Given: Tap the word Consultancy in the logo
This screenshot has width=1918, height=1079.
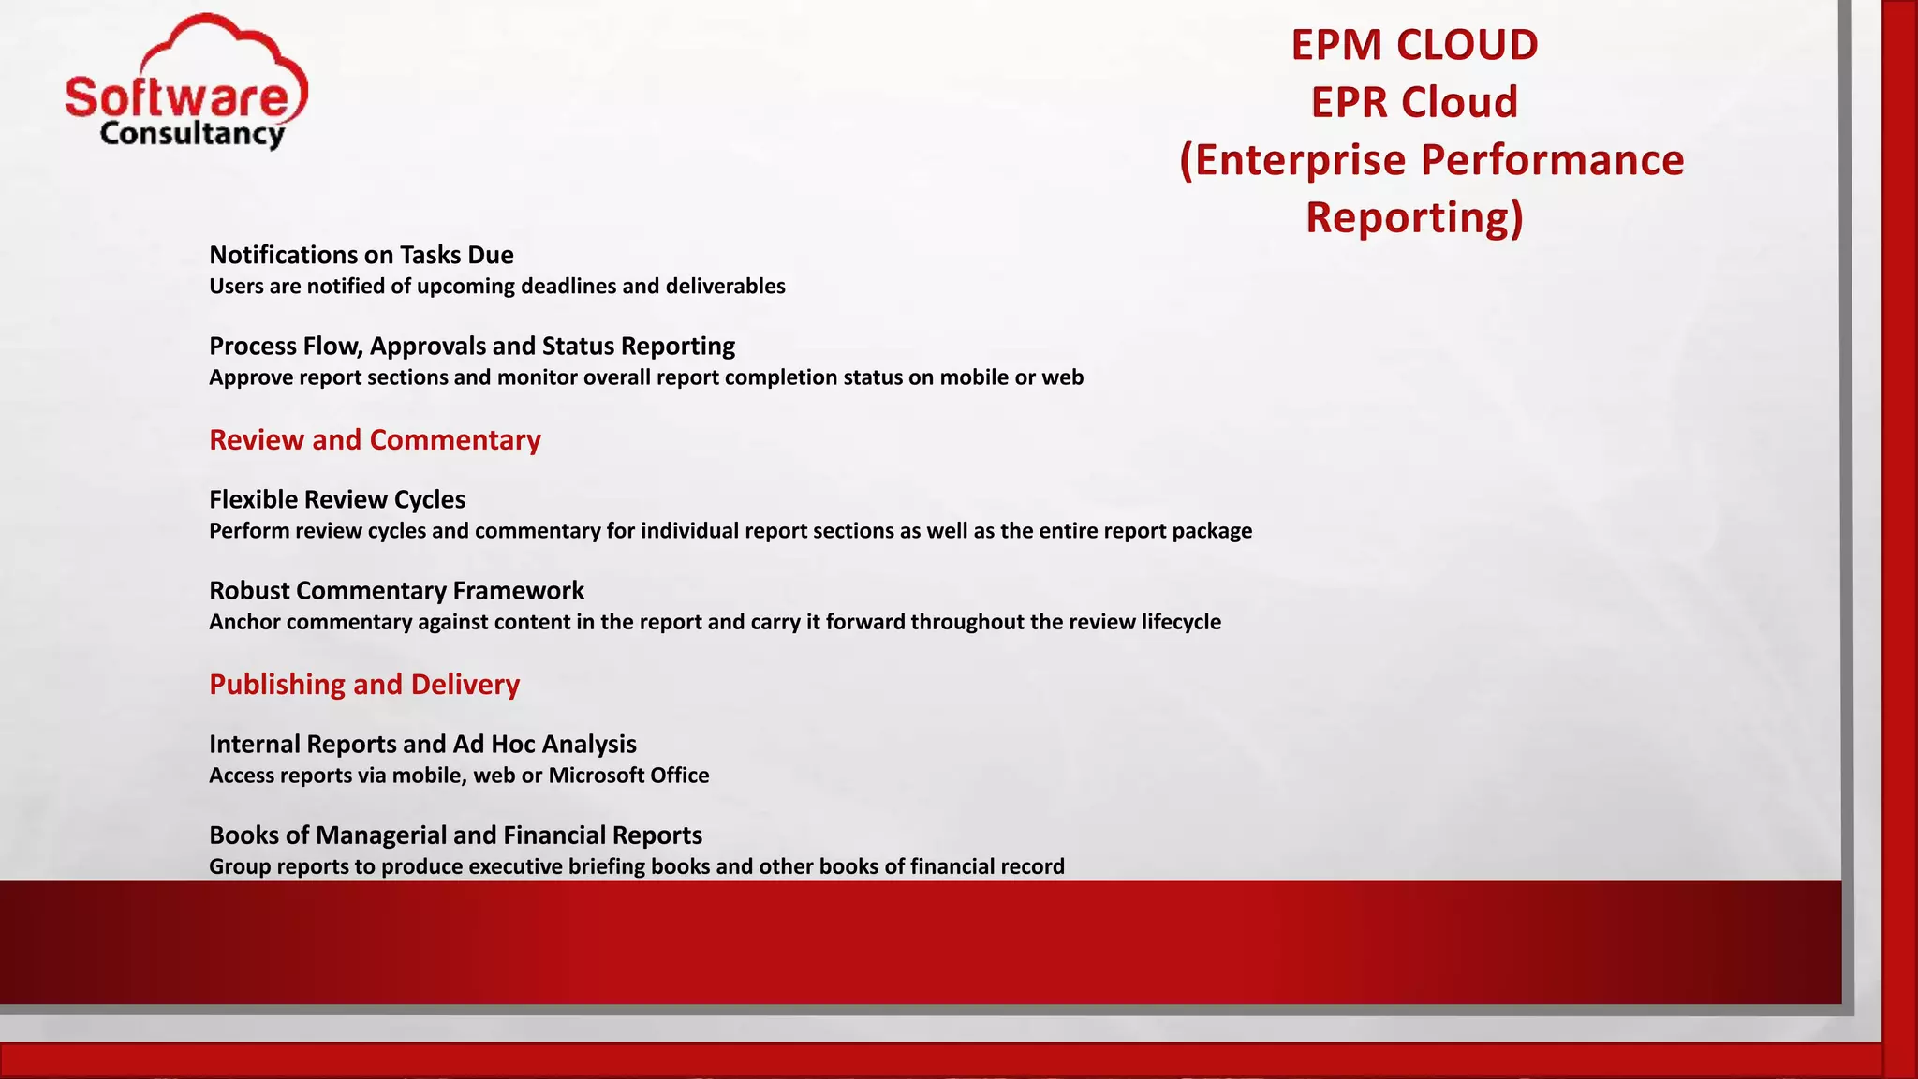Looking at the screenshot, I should tap(192, 134).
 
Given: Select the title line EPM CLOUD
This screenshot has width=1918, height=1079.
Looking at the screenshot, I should tap(1414, 45).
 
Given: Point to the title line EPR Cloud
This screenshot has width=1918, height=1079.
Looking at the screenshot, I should tap(1414, 102).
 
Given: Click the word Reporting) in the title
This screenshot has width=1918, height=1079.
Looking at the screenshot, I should tap(1414, 217).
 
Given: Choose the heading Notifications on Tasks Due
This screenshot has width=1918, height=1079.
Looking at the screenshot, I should tap(361, 255).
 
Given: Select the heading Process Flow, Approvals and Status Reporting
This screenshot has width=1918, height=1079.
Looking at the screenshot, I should tap(472, 346).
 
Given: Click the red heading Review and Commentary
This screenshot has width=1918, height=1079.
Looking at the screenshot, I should tap(375, 439).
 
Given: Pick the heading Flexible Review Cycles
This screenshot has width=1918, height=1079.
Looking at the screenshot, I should tap(337, 499).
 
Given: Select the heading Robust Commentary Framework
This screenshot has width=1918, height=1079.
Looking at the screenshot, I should tap(396, 590).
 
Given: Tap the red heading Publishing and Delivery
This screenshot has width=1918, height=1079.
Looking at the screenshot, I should tap(364, 684).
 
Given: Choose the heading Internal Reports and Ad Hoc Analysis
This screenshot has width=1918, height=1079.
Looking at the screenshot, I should tap(422, 744).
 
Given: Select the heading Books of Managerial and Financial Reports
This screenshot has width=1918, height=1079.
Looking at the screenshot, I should tap(455, 835).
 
